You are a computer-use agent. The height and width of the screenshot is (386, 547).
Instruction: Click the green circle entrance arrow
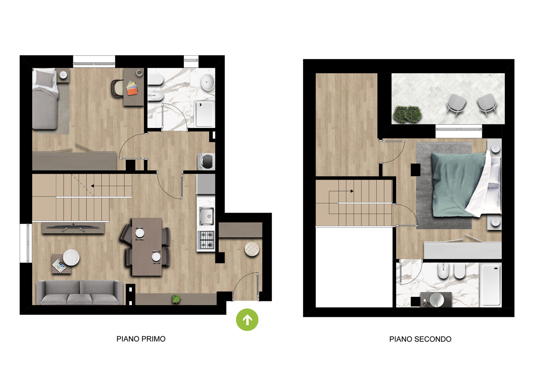tap(247, 320)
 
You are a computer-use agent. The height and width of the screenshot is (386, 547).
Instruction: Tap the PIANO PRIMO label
tap(141, 339)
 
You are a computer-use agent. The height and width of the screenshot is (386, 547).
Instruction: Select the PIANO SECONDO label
tap(420, 339)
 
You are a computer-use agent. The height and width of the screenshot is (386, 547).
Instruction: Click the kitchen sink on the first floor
tap(206, 216)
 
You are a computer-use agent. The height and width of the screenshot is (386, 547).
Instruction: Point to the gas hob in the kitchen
tap(207, 240)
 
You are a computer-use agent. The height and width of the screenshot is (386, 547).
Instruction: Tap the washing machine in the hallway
tap(206, 161)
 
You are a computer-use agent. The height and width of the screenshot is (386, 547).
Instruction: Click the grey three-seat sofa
tap(80, 292)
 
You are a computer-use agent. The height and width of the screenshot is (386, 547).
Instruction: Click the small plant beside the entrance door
tap(176, 299)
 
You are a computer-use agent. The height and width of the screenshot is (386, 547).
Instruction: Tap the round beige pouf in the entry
tap(252, 249)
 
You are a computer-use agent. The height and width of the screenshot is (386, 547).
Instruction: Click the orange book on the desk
tap(132, 91)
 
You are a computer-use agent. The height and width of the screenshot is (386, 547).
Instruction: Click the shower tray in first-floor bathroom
tap(204, 114)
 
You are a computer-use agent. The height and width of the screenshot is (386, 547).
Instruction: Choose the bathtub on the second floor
tap(490, 285)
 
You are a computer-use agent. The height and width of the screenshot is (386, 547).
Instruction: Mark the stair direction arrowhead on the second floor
tap(352, 191)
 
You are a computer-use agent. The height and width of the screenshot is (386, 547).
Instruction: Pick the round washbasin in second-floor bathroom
tap(437, 299)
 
